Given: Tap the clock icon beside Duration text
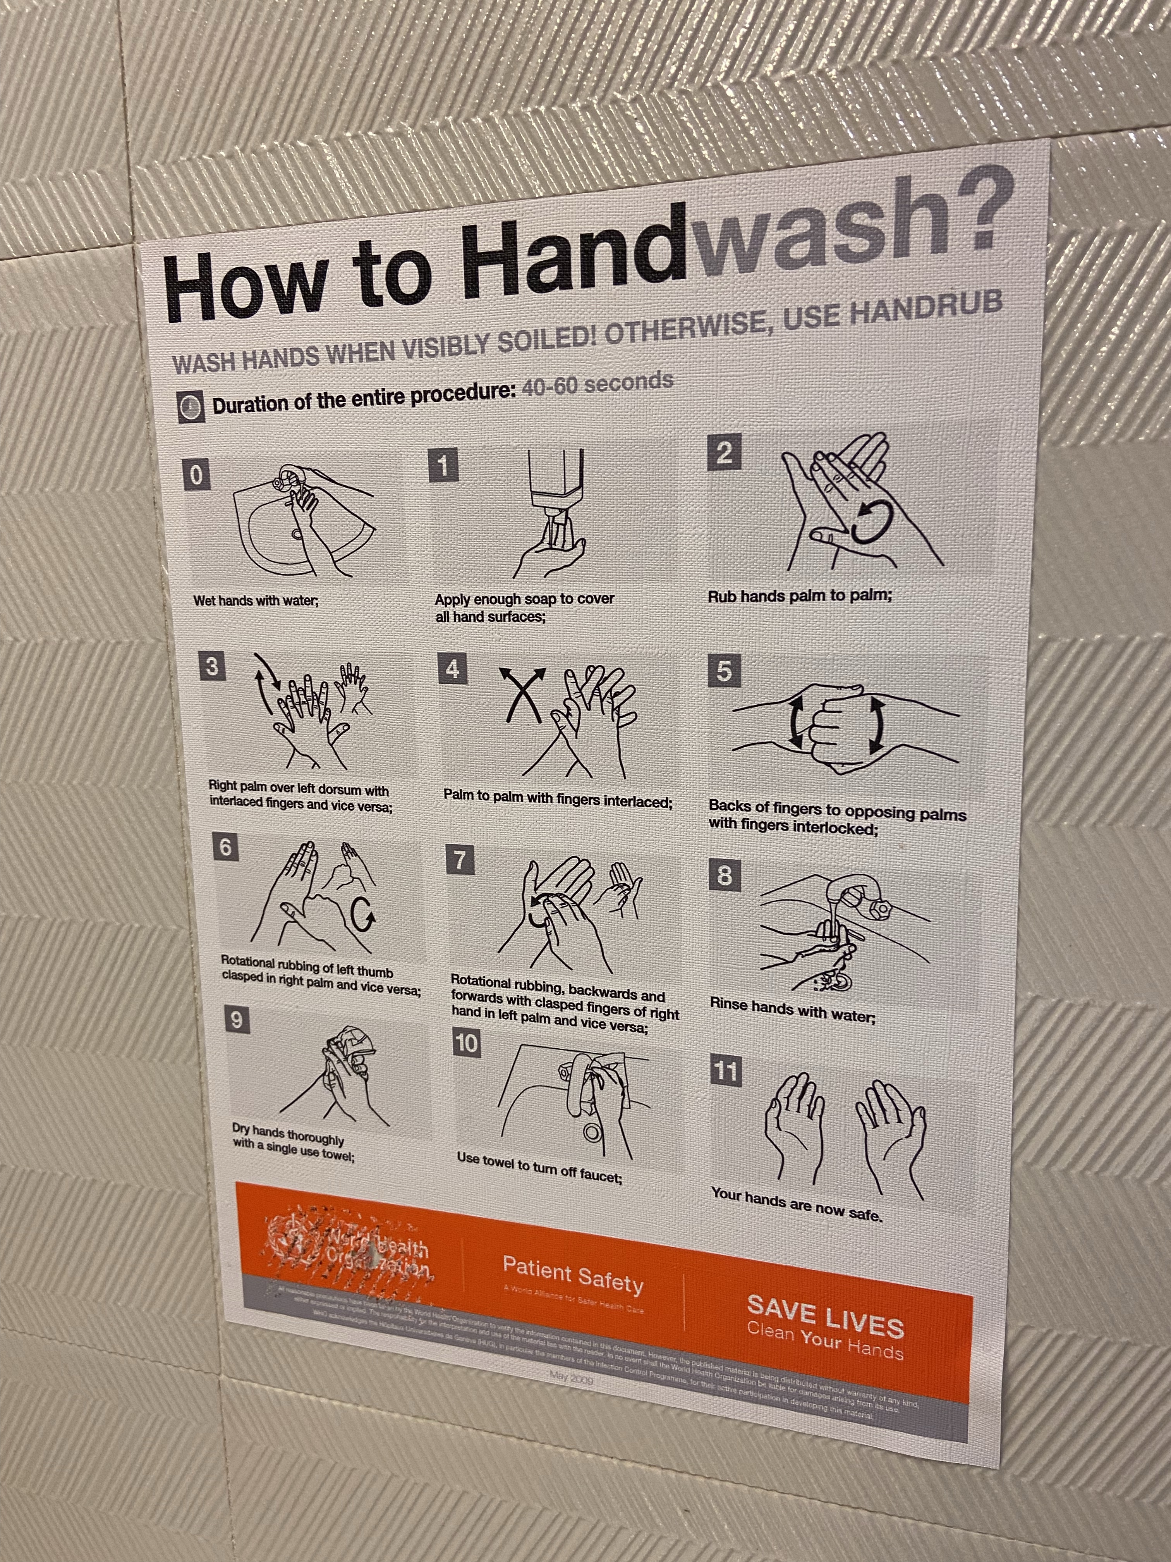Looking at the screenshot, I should tap(191, 408).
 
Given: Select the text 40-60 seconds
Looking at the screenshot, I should tap(596, 384).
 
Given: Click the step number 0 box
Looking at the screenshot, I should tap(196, 475).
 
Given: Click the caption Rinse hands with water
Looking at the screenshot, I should tap(792, 1010).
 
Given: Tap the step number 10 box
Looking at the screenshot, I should tap(466, 1043).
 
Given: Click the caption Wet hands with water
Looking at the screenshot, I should tap(256, 601).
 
